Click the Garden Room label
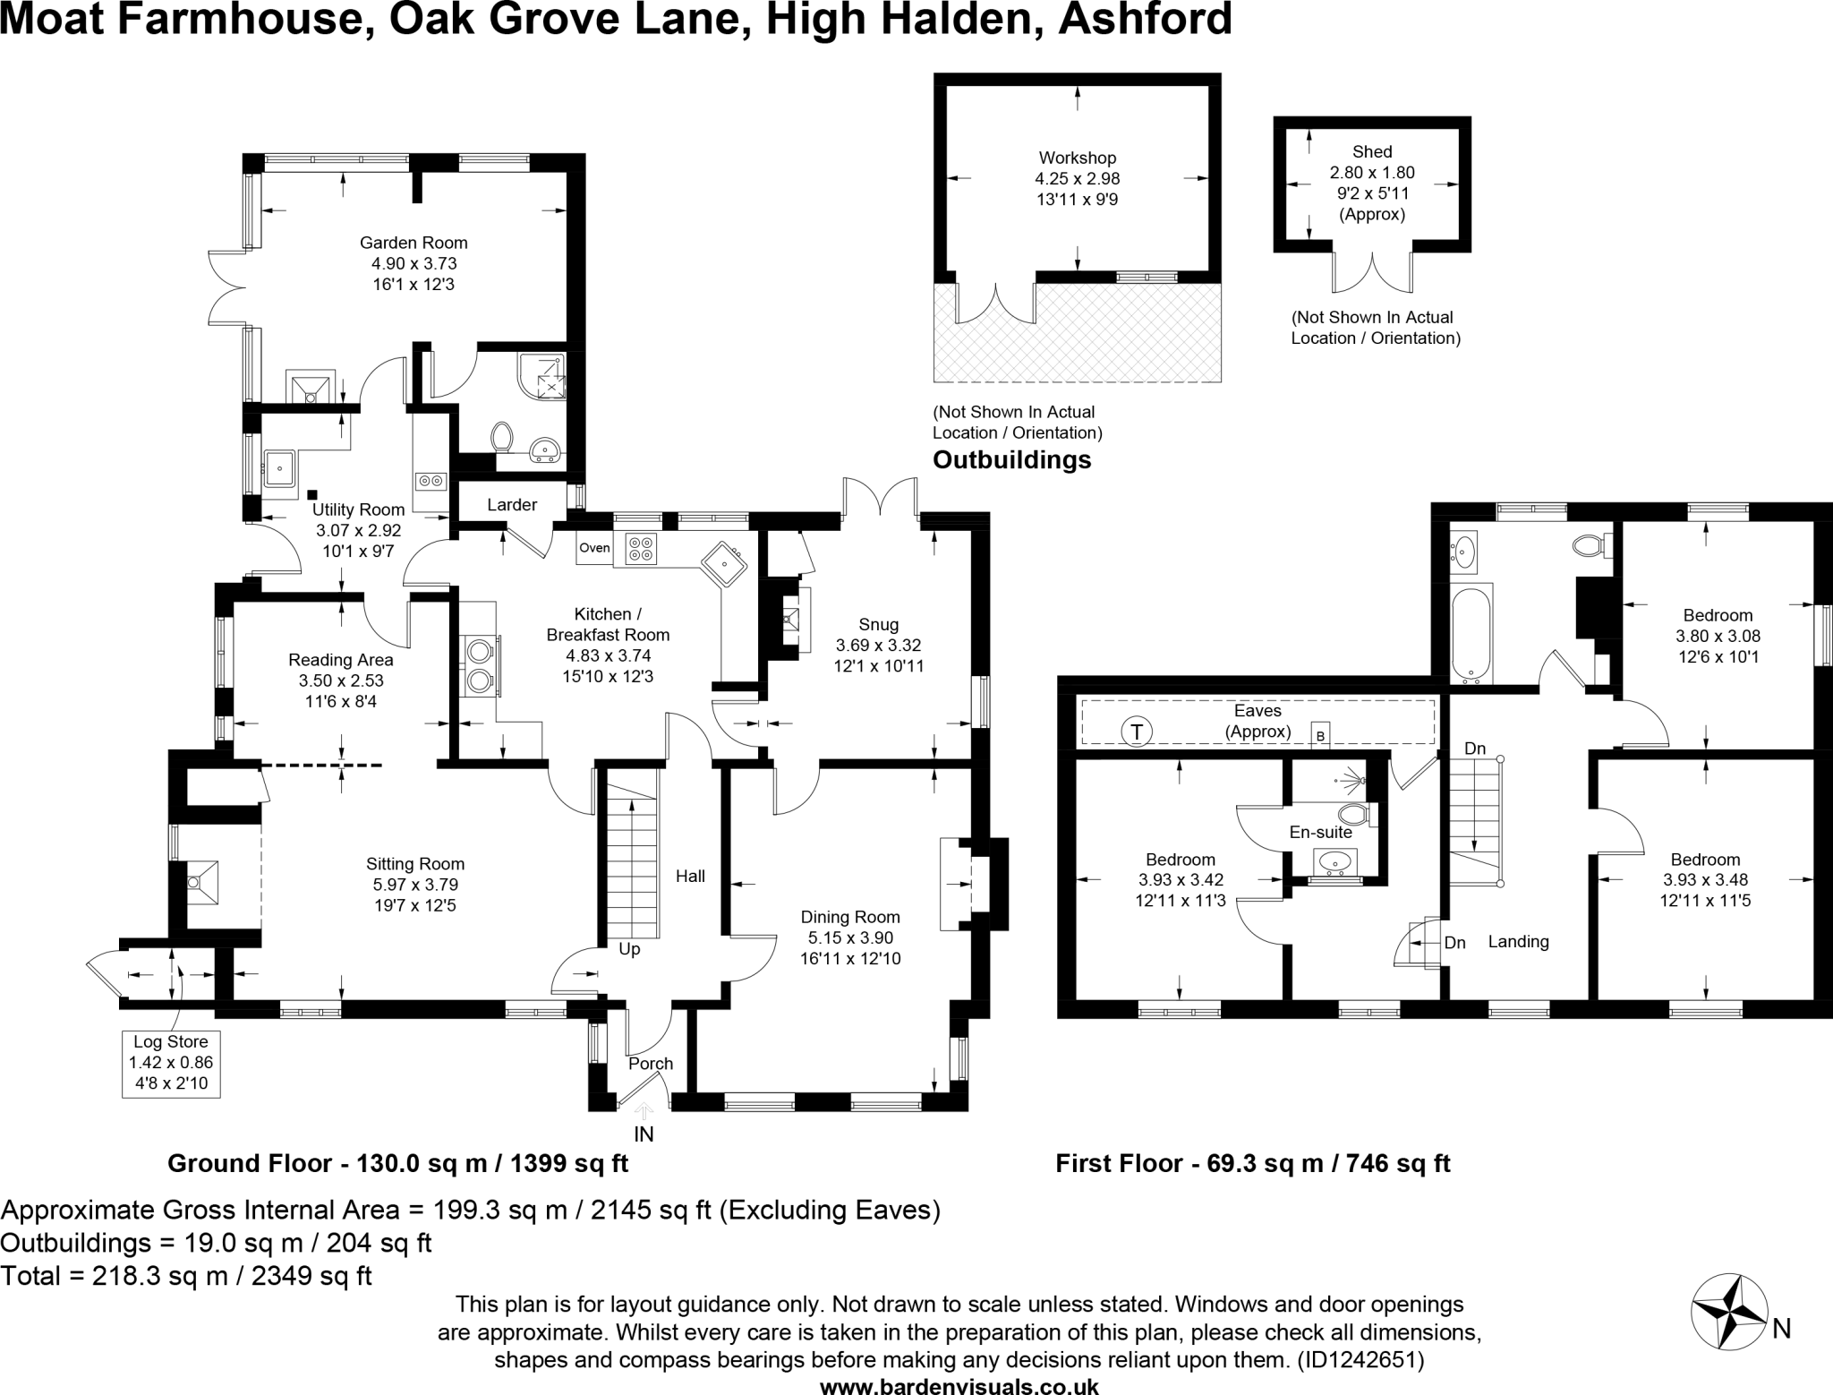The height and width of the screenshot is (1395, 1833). tap(413, 243)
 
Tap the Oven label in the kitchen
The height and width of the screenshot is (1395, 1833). tap(594, 548)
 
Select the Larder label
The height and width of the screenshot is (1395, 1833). tap(512, 505)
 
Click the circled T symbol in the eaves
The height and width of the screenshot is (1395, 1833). tap(1137, 732)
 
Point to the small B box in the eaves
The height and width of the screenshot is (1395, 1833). tap(1319, 735)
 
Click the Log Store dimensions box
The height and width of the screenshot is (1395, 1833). tap(171, 1063)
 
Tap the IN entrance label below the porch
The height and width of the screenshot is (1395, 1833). tap(644, 1134)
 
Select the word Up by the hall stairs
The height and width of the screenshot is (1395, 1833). tap(629, 949)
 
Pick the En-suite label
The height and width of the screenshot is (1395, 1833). tap(1320, 832)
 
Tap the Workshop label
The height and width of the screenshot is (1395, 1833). tap(1077, 158)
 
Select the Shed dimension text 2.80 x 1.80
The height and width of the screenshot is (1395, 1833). tap(1372, 173)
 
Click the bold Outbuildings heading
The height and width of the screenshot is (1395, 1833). tap(1011, 460)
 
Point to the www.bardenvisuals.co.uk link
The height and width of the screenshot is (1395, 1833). tap(959, 1386)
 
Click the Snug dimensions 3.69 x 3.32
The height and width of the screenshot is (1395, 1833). tap(878, 646)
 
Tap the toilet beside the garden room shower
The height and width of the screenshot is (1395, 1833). tap(502, 437)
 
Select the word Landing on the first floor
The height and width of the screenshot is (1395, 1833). tap(1518, 942)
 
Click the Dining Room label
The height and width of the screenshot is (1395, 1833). tap(850, 918)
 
